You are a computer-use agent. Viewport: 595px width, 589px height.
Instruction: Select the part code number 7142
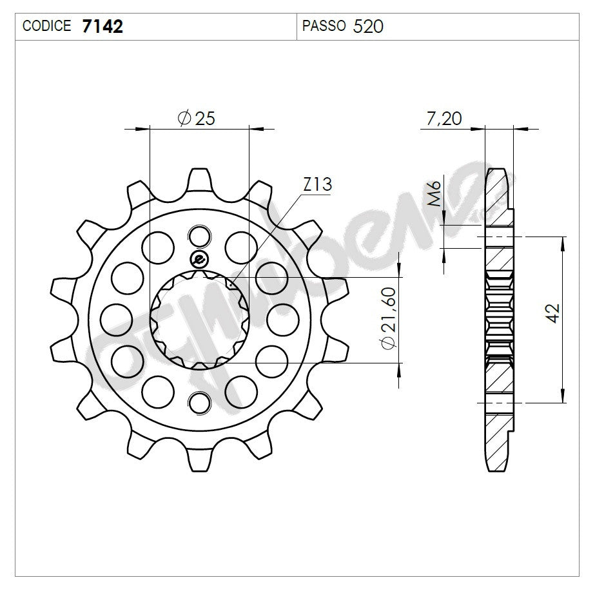pyautogui.click(x=102, y=26)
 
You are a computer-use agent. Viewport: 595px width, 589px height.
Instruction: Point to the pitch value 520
pyautogui.click(x=369, y=26)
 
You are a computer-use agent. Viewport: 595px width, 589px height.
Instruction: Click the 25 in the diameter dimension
pyautogui.click(x=204, y=118)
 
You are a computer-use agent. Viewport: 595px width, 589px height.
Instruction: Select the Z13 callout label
pyautogui.click(x=317, y=185)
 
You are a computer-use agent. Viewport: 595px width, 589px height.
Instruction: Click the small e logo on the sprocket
pyautogui.click(x=199, y=260)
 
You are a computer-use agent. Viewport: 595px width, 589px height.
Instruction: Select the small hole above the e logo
pyautogui.click(x=200, y=236)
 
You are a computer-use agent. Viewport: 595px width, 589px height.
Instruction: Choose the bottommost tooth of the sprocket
pyautogui.click(x=200, y=460)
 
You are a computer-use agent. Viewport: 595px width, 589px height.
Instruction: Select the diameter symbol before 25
pyautogui.click(x=184, y=118)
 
